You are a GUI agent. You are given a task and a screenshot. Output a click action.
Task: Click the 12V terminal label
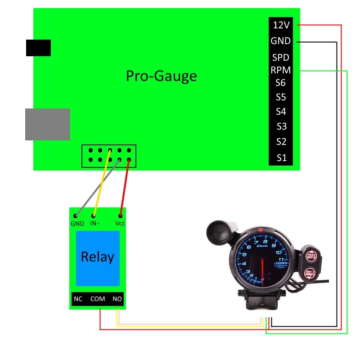point(281,26)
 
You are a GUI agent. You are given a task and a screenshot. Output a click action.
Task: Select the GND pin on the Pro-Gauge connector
point(281,41)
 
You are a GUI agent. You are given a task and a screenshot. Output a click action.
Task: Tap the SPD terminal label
point(281,58)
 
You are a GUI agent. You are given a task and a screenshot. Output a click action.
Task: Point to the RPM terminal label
point(281,70)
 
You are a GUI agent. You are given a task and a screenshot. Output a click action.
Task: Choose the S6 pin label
point(281,83)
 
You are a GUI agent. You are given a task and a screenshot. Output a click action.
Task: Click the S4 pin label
point(281,112)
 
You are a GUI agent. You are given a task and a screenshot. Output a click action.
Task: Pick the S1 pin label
point(281,158)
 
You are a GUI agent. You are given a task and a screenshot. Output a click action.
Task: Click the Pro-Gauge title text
point(161,76)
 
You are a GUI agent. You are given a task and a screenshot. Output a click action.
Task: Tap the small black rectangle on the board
point(38,48)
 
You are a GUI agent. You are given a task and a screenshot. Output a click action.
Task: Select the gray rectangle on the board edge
point(47,124)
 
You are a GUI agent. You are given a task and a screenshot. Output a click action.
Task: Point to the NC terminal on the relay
point(78,299)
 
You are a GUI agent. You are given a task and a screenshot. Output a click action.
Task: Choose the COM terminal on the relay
point(98,299)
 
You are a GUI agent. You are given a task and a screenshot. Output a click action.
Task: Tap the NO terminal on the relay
point(117,299)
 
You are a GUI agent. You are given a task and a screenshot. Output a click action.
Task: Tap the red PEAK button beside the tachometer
point(310,256)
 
